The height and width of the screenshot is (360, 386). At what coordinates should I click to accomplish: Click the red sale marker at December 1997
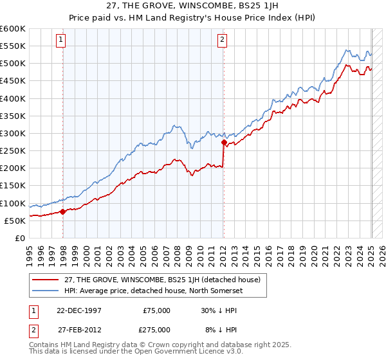coord(62,211)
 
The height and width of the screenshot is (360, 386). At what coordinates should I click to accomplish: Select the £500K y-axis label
coord(13,63)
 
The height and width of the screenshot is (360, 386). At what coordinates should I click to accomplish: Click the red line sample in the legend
coord(46,280)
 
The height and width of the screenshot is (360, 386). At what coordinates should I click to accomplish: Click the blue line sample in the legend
coord(46,291)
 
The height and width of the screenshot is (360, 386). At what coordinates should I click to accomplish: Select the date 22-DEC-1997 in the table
coord(78,310)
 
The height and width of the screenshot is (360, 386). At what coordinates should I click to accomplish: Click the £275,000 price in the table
coord(156,329)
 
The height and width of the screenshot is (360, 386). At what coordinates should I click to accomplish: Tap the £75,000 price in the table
coord(156,310)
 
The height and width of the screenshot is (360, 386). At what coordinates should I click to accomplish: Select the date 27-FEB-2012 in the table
coord(78,329)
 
